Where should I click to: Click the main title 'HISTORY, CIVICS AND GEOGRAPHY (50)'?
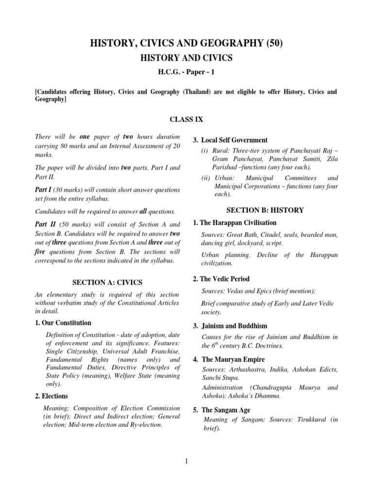(x=186, y=44)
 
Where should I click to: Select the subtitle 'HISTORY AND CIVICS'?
(x=186, y=58)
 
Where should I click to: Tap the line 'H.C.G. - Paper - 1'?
(x=186, y=72)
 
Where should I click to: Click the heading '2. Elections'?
(x=51, y=396)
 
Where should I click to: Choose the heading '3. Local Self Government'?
(x=230, y=140)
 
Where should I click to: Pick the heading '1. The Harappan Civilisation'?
(x=235, y=223)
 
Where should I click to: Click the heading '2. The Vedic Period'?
(x=221, y=279)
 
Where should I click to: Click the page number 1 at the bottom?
(x=186, y=461)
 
